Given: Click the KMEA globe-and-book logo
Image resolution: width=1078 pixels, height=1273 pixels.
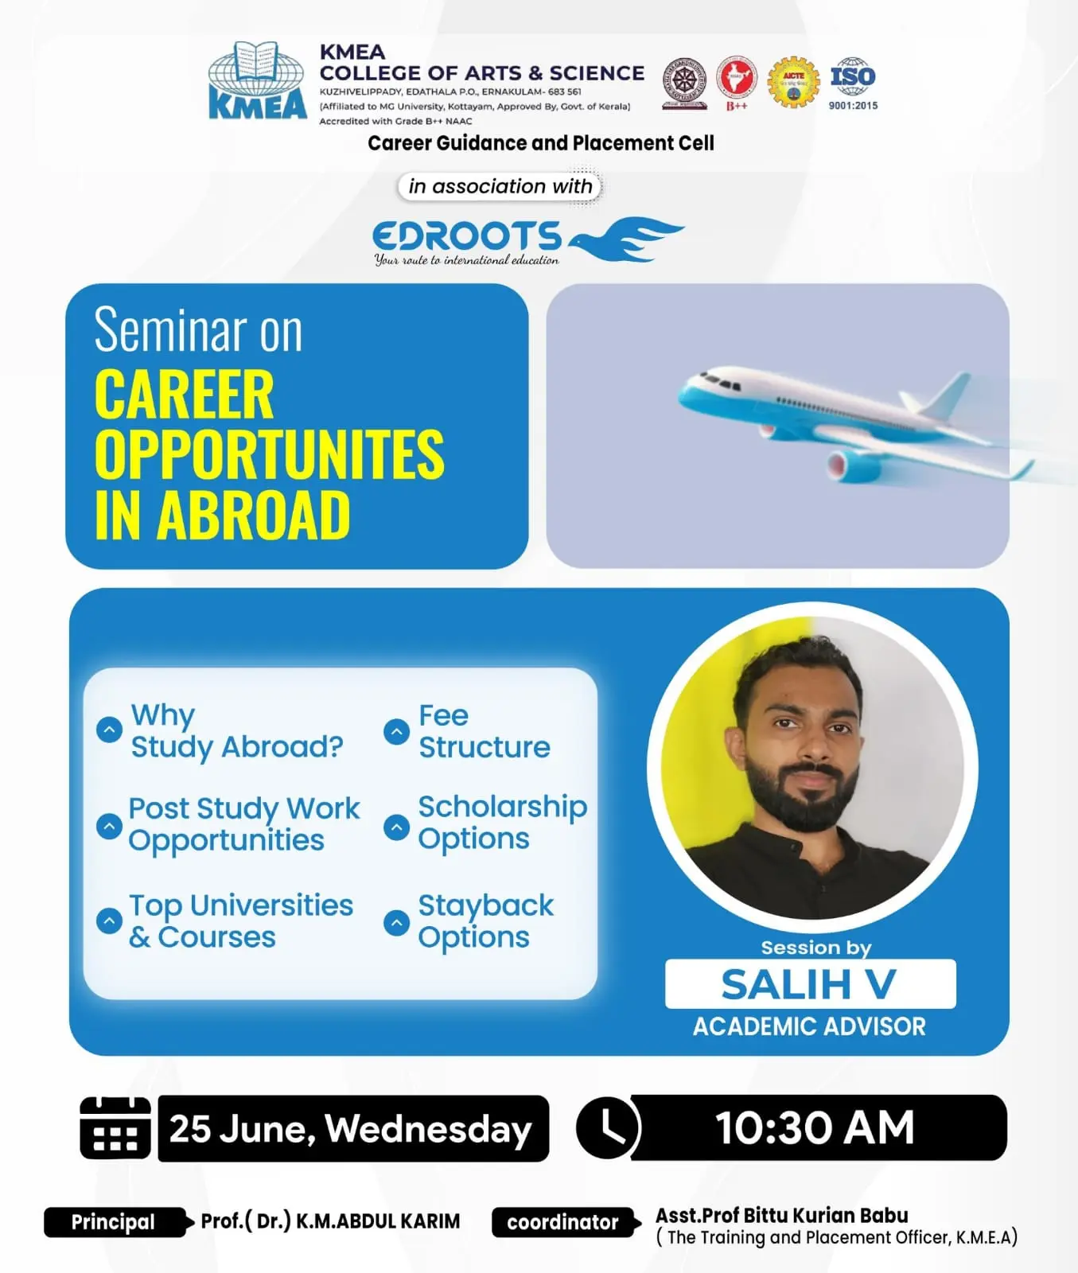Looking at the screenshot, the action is [257, 80].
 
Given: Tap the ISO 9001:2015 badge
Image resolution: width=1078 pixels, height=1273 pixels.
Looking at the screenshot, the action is [853, 83].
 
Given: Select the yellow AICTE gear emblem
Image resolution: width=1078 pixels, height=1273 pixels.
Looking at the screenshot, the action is [793, 82].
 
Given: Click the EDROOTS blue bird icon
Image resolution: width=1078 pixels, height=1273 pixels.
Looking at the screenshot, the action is [626, 239].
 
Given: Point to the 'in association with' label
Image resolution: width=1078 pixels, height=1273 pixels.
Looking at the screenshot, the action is [500, 186].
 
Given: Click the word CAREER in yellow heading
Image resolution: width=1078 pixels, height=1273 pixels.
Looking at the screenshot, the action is [184, 395].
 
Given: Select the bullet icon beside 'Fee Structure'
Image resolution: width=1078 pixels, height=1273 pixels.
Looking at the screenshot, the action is [396, 731].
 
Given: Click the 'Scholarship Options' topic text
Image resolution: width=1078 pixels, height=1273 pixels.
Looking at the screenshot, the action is [502, 822].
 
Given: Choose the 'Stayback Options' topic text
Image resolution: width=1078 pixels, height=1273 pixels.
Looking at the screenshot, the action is [485, 921].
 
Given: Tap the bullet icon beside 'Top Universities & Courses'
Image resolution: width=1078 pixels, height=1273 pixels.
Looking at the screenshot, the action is [109, 921].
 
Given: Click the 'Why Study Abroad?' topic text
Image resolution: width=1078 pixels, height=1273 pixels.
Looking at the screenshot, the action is [236, 731].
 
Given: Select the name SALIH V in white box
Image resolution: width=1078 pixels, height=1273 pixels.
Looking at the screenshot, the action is [809, 984].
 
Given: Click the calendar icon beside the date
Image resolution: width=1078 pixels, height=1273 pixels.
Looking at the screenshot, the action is [115, 1127].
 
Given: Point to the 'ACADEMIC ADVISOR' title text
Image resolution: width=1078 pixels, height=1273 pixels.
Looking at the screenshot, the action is [809, 1026].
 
